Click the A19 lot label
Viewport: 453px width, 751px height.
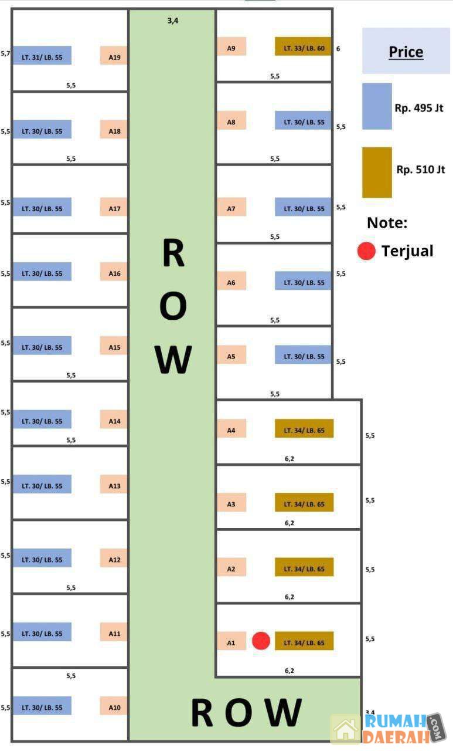coord(114,57)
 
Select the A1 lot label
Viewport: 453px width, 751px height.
coord(231,642)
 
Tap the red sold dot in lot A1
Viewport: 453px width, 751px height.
coord(261,641)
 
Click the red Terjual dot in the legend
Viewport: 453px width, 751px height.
coord(366,251)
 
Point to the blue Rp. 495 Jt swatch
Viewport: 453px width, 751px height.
coord(377,106)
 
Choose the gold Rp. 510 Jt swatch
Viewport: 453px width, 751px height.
coord(377,172)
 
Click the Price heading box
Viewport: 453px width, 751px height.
coord(406,51)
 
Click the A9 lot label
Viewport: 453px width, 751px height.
coord(231,48)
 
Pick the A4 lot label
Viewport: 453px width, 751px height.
coord(231,430)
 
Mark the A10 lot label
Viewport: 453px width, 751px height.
coord(114,708)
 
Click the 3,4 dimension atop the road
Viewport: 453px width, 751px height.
coord(172,21)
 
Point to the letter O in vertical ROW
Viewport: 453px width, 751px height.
coord(173,306)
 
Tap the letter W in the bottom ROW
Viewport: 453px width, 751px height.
coord(282,713)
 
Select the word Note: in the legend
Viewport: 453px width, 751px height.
coord(387,223)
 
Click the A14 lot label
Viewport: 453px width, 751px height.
coord(114,421)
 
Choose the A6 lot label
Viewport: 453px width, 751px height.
coord(231,282)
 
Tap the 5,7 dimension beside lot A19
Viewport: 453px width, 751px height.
coord(6,53)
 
